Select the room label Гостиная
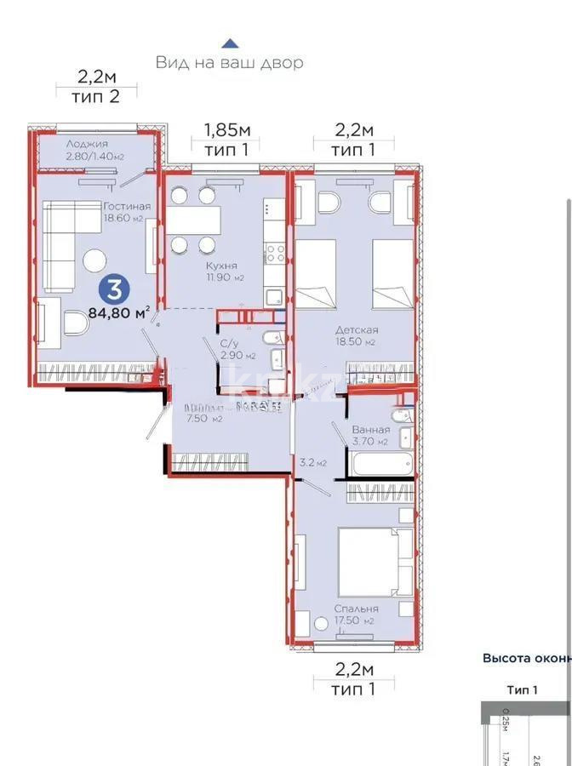point(127,206)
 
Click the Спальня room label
point(357,609)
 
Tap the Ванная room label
point(370,430)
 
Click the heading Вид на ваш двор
point(230,63)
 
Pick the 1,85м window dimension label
point(227,130)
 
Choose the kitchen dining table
point(193,220)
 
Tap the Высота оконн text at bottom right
point(526,658)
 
